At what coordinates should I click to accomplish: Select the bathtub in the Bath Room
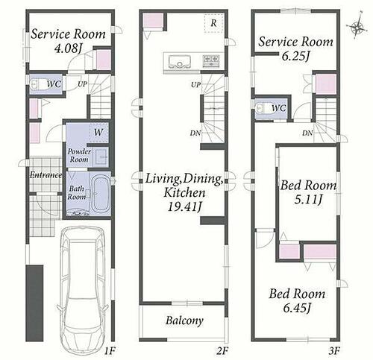click(x=101, y=193)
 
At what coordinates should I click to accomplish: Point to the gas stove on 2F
click(x=212, y=61)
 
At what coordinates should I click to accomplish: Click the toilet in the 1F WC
click(x=36, y=84)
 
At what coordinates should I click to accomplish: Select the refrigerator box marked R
click(x=213, y=23)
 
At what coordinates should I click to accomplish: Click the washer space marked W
click(x=98, y=133)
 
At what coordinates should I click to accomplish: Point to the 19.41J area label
click(x=184, y=206)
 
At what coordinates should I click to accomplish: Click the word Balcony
click(x=184, y=320)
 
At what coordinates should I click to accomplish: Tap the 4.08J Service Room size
click(x=68, y=49)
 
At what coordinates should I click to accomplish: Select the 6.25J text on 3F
click(x=295, y=57)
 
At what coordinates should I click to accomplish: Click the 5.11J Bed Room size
click(x=308, y=200)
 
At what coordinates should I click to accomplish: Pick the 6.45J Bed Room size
click(x=297, y=309)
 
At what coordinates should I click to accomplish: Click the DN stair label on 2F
click(x=195, y=133)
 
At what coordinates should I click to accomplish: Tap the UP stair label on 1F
click(x=82, y=84)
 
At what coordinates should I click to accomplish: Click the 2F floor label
click(x=222, y=351)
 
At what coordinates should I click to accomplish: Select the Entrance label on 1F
click(x=46, y=175)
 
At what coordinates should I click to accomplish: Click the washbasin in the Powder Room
click(x=101, y=157)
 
